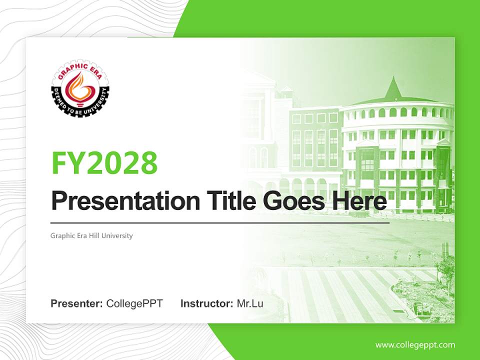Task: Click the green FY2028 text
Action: point(104,162)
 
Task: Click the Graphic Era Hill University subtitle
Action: point(91,235)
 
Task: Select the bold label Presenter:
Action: point(77,303)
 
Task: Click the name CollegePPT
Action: point(134,303)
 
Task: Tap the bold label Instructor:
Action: point(206,303)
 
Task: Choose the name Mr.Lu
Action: point(250,303)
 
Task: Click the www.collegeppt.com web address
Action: point(415,345)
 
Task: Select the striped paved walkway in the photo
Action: point(340,292)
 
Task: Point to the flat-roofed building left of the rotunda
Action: point(314,145)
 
